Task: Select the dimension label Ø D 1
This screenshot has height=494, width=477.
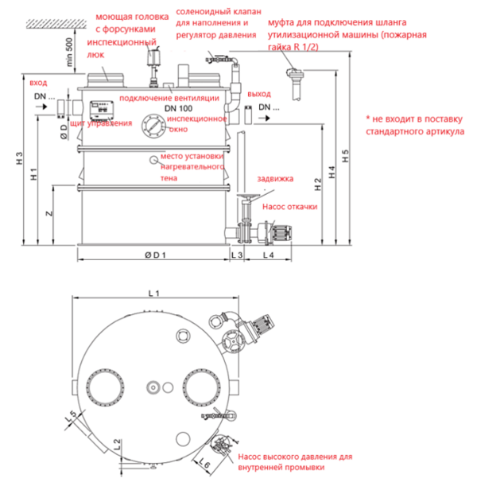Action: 154,255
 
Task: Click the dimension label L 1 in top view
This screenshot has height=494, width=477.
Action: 154,294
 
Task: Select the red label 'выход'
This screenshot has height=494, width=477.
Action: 259,94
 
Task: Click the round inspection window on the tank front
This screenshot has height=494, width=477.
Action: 153,124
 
